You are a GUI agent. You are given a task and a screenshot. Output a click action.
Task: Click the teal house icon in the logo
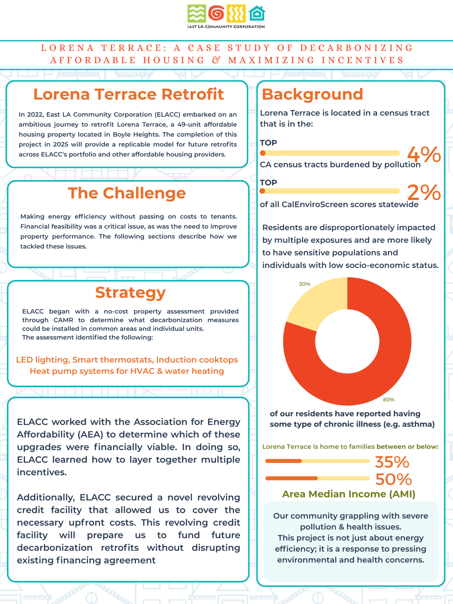257,14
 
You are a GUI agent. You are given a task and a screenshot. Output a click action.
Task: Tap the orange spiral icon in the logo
216,13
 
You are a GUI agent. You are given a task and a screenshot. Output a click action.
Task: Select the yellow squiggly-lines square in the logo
236,14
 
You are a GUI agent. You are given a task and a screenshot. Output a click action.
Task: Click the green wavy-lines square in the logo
196,14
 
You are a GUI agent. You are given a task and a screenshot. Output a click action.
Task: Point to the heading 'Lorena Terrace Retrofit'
129,94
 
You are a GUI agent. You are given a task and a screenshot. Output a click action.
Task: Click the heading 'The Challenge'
127,193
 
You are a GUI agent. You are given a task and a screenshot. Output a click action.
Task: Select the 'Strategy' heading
130,293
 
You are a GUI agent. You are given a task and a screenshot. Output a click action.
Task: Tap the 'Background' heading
312,94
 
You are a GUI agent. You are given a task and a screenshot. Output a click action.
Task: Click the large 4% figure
424,154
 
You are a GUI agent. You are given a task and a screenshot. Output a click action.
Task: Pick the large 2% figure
424,192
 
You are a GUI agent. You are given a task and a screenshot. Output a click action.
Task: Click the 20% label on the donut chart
305,284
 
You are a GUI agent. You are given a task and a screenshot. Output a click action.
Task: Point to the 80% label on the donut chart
388,400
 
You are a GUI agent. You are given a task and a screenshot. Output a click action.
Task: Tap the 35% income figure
392,462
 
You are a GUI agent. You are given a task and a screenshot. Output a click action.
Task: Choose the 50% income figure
393,479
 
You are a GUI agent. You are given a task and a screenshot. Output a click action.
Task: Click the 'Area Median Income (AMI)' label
349,494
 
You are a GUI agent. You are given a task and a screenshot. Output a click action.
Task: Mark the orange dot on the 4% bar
263,153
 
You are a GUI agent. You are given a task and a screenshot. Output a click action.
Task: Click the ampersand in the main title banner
216,60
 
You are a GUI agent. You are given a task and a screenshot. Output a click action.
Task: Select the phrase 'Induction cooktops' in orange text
197,360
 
